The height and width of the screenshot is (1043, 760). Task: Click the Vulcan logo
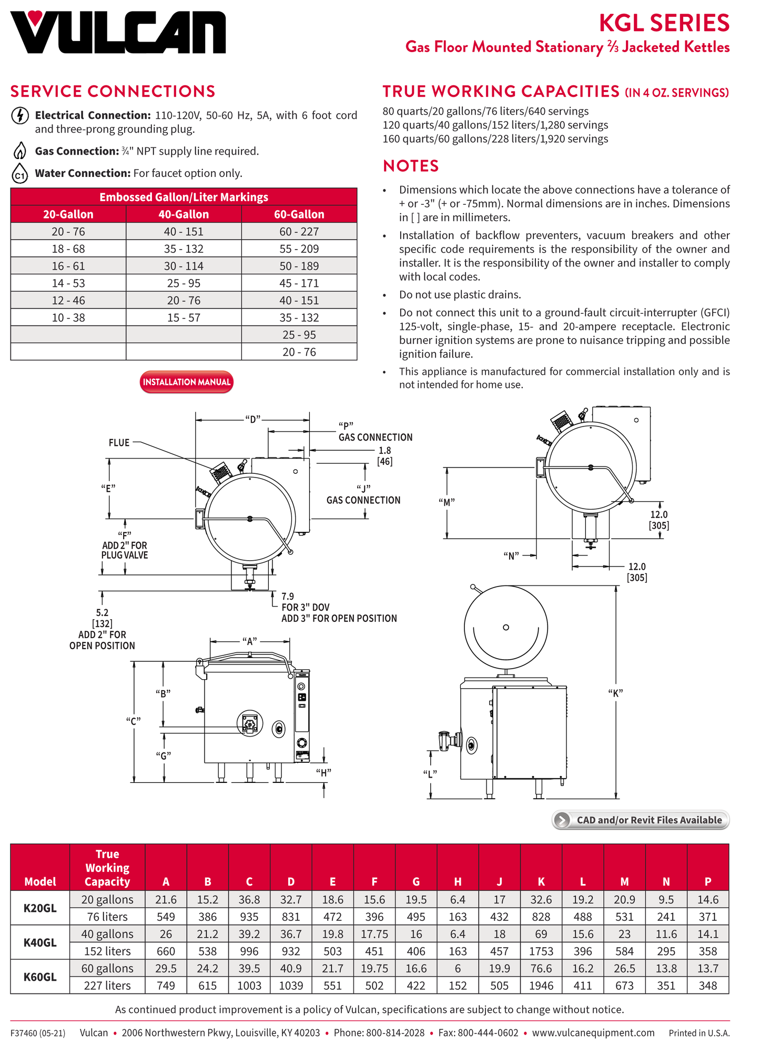[118, 33]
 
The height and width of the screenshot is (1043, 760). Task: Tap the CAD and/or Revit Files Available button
[641, 820]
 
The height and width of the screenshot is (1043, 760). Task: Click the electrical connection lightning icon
[20, 115]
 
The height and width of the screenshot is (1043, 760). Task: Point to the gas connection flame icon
[20, 151]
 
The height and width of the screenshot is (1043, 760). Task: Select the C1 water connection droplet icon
[20, 173]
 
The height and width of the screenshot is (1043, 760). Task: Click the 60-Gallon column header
[299, 214]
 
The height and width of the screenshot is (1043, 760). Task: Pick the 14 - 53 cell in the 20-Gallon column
[68, 283]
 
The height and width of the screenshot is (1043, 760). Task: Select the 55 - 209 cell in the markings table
[299, 249]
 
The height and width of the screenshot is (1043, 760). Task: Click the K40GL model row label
[40, 942]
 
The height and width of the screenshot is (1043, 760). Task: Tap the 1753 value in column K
[541, 951]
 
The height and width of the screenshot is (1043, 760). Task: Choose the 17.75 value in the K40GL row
[374, 934]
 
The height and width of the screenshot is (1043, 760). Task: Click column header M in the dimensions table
[624, 881]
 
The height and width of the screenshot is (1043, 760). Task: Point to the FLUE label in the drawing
[119, 443]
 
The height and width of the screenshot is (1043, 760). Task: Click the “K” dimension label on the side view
[615, 693]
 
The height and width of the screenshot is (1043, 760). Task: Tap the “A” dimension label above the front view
[250, 641]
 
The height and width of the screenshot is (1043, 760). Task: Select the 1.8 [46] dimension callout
[384, 456]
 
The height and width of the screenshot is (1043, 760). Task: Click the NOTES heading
[411, 166]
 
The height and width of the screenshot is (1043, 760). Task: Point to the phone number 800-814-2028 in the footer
[395, 1033]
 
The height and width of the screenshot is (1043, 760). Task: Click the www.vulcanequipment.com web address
[593, 1033]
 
